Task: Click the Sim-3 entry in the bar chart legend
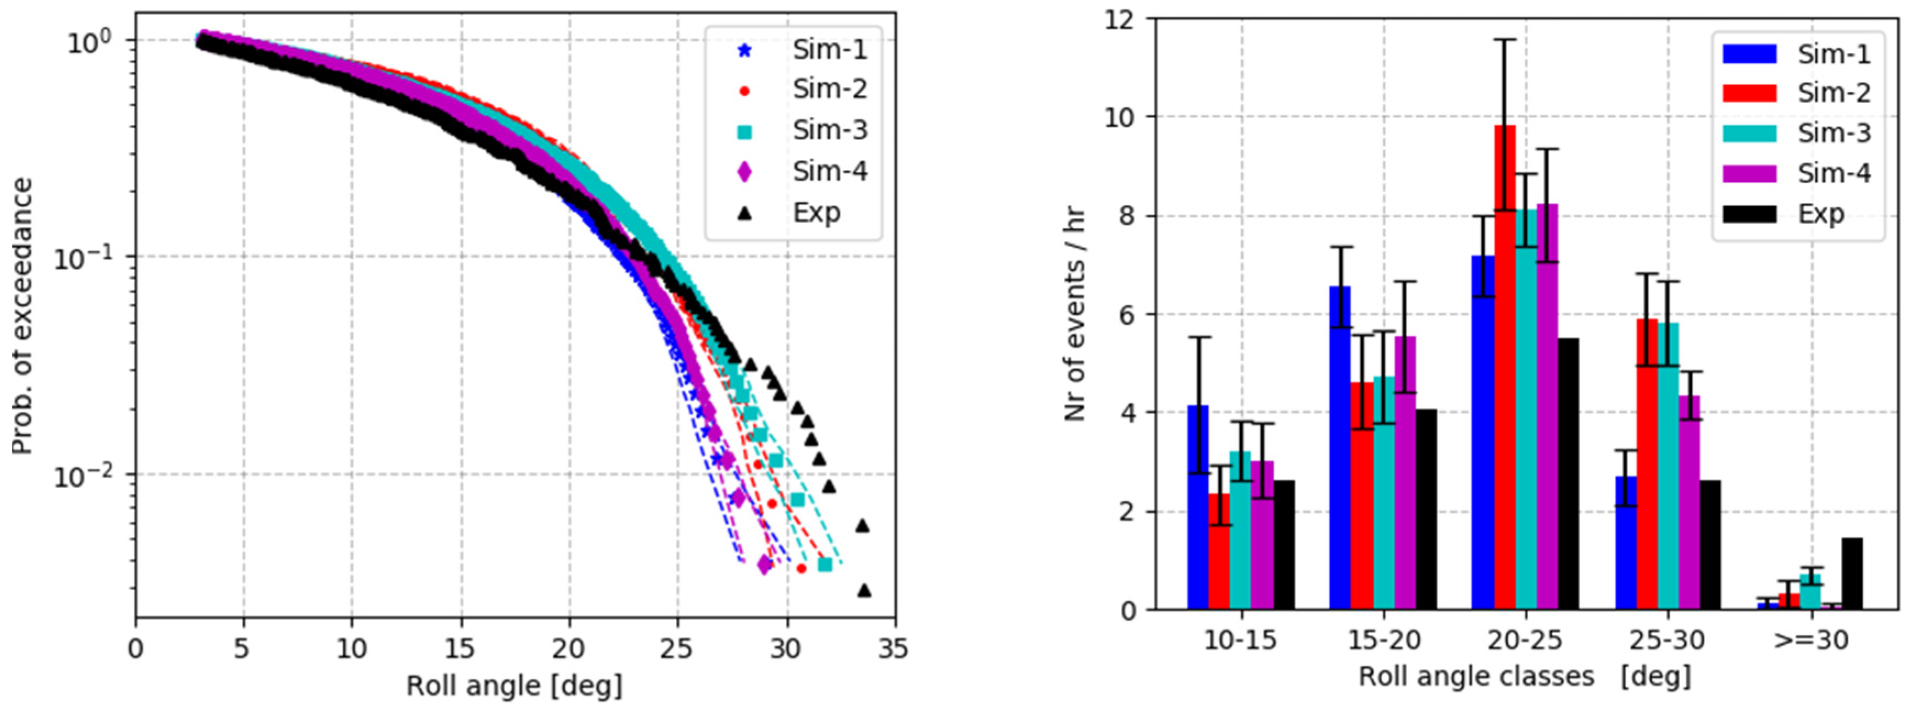(x=1833, y=133)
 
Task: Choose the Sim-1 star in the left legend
(x=744, y=51)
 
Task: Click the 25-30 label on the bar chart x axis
(x=1667, y=640)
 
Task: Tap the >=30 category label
(x=1811, y=640)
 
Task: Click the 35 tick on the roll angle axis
(x=893, y=649)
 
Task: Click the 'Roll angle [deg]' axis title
(x=514, y=685)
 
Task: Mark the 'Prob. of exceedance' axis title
(x=23, y=316)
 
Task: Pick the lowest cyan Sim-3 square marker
(x=824, y=565)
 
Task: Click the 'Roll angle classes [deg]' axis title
(x=1525, y=677)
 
